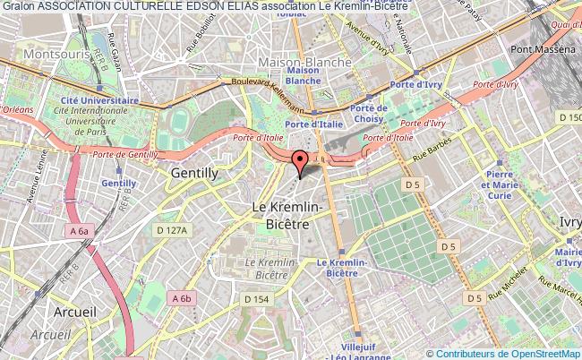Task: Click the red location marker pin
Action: [x=299, y=161]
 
